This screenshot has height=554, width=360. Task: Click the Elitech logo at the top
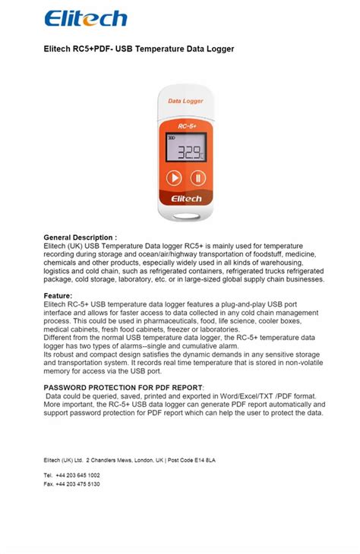[85, 19]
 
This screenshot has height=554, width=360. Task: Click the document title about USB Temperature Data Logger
[139, 49]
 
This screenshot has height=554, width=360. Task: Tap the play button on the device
[174, 178]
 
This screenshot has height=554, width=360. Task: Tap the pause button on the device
[197, 178]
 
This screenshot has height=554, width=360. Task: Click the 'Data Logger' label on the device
[184, 99]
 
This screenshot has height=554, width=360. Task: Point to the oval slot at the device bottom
[185, 219]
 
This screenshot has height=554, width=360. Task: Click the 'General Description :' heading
[81, 238]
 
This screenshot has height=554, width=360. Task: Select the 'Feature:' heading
[58, 296]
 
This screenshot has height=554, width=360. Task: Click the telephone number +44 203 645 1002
[77, 474]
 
